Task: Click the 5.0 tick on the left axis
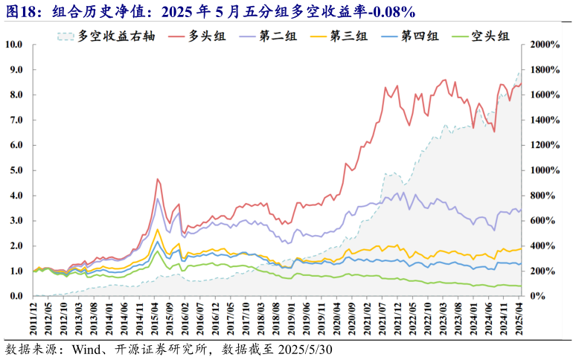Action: (x=16, y=170)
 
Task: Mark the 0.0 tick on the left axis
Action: (x=16, y=296)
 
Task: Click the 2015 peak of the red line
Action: (x=158, y=179)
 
